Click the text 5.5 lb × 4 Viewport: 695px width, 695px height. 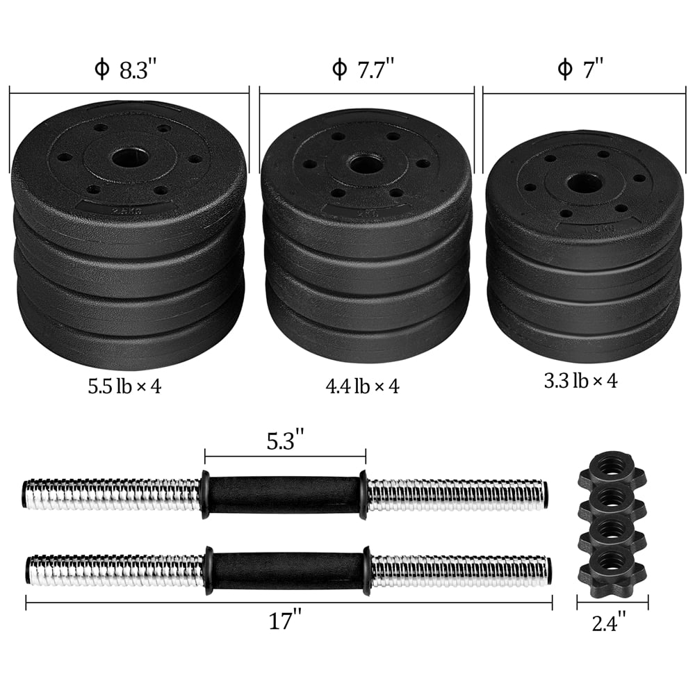(x=124, y=386)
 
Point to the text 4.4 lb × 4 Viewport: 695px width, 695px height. (x=363, y=386)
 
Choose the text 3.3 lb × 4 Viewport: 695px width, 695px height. (x=581, y=380)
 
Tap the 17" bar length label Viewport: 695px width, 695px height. (x=288, y=621)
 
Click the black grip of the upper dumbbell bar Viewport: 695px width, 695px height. (x=284, y=495)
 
